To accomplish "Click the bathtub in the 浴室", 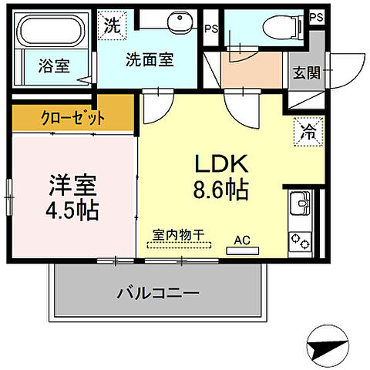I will pyautogui.click(x=52, y=32).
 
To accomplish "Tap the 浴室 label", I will pyautogui.click(x=54, y=66).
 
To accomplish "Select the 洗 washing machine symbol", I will pyautogui.click(x=112, y=24).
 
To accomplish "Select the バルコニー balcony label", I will pyautogui.click(x=159, y=294).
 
